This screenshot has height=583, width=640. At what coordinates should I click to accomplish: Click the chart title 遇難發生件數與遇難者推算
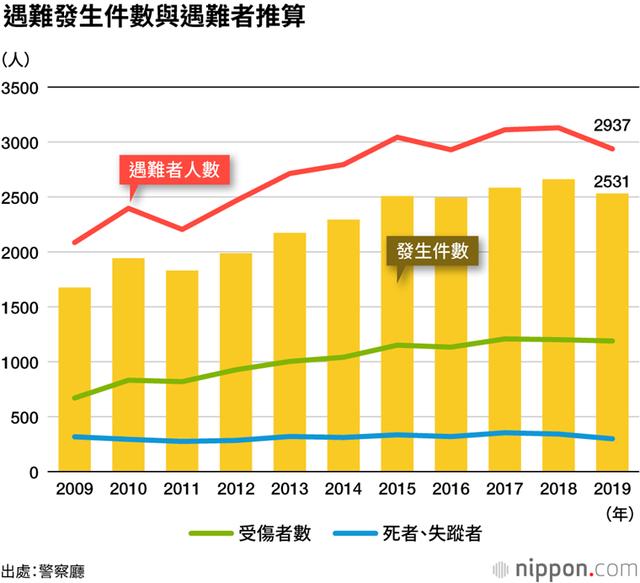click(x=154, y=18)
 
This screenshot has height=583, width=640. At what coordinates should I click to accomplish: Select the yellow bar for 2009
click(x=75, y=380)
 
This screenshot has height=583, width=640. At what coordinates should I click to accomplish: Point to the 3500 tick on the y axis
click(x=20, y=88)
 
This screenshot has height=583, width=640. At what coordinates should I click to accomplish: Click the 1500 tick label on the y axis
click(x=20, y=307)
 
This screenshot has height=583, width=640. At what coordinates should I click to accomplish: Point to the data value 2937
click(x=610, y=125)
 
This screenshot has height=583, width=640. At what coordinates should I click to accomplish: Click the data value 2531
click(x=610, y=181)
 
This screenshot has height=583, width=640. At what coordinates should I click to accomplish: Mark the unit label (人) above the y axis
click(x=18, y=58)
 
